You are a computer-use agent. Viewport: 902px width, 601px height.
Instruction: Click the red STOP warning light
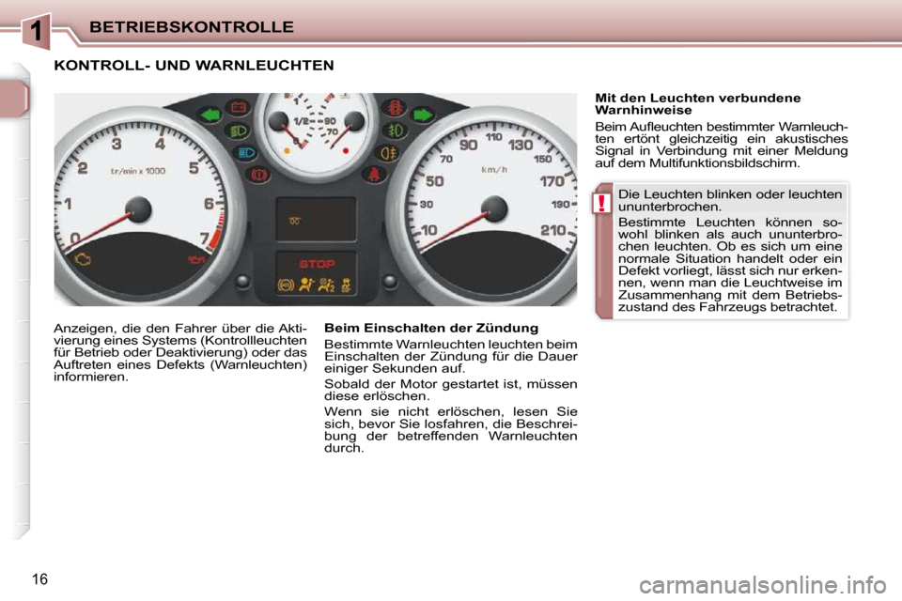(317, 264)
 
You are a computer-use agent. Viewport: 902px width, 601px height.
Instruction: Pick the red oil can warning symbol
(196, 258)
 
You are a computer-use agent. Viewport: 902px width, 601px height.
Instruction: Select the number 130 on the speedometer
(521, 146)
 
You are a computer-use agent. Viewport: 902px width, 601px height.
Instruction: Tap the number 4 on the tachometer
(161, 144)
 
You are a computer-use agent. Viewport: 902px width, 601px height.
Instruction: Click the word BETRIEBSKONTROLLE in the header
(192, 26)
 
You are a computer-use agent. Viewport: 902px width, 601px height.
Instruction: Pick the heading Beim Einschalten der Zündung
(430, 328)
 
